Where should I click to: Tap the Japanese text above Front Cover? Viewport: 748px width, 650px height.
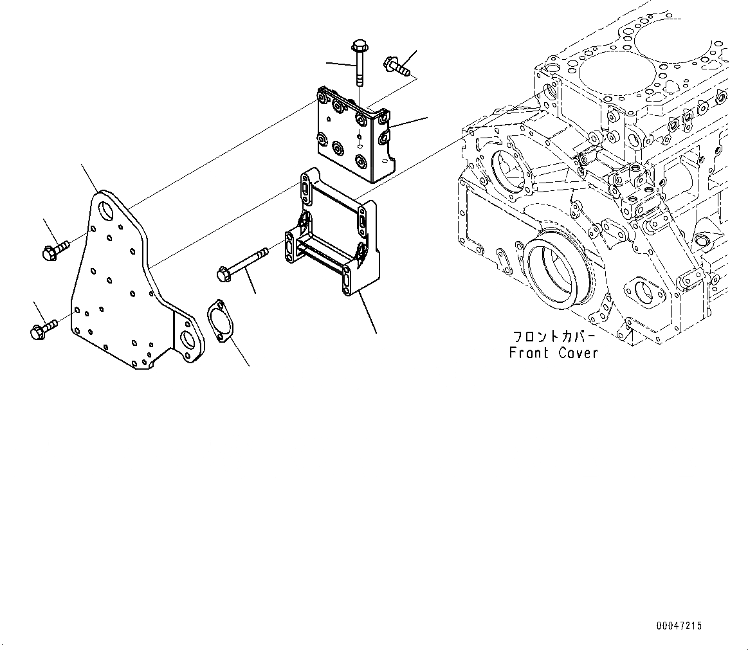tap(553, 337)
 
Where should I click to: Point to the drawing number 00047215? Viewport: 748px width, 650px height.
tap(679, 625)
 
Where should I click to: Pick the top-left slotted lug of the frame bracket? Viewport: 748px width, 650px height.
tap(304, 188)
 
